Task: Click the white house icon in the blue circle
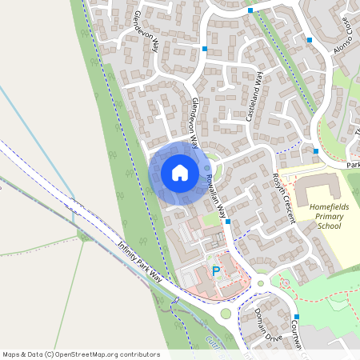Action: pyautogui.click(x=179, y=173)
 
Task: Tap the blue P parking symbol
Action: pyautogui.click(x=215, y=272)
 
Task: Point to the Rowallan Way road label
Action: pyautogui.click(x=218, y=196)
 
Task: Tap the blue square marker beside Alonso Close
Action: pyautogui.click(x=310, y=39)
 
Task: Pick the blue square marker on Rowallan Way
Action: pyautogui.click(x=228, y=222)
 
